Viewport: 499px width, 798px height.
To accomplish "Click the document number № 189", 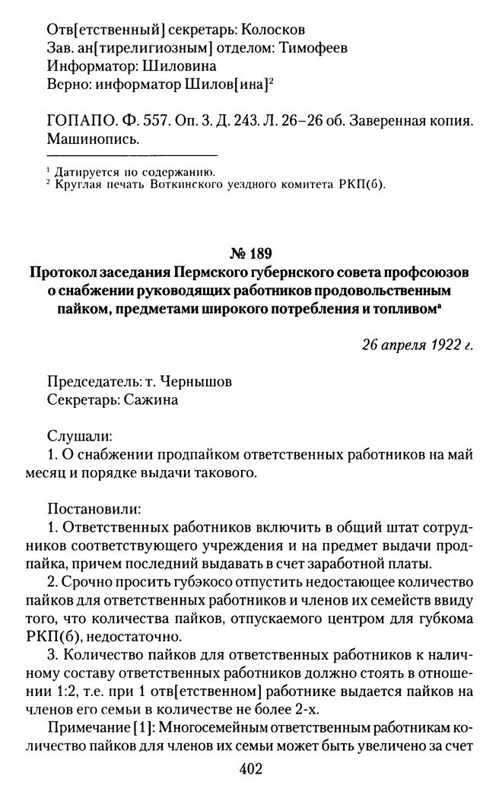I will (x=249, y=253).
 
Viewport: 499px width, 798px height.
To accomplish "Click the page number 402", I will (x=249, y=769).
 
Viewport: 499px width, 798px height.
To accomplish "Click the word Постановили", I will (x=94, y=507).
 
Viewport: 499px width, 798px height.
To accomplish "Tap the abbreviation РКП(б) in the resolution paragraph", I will (x=68, y=635).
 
